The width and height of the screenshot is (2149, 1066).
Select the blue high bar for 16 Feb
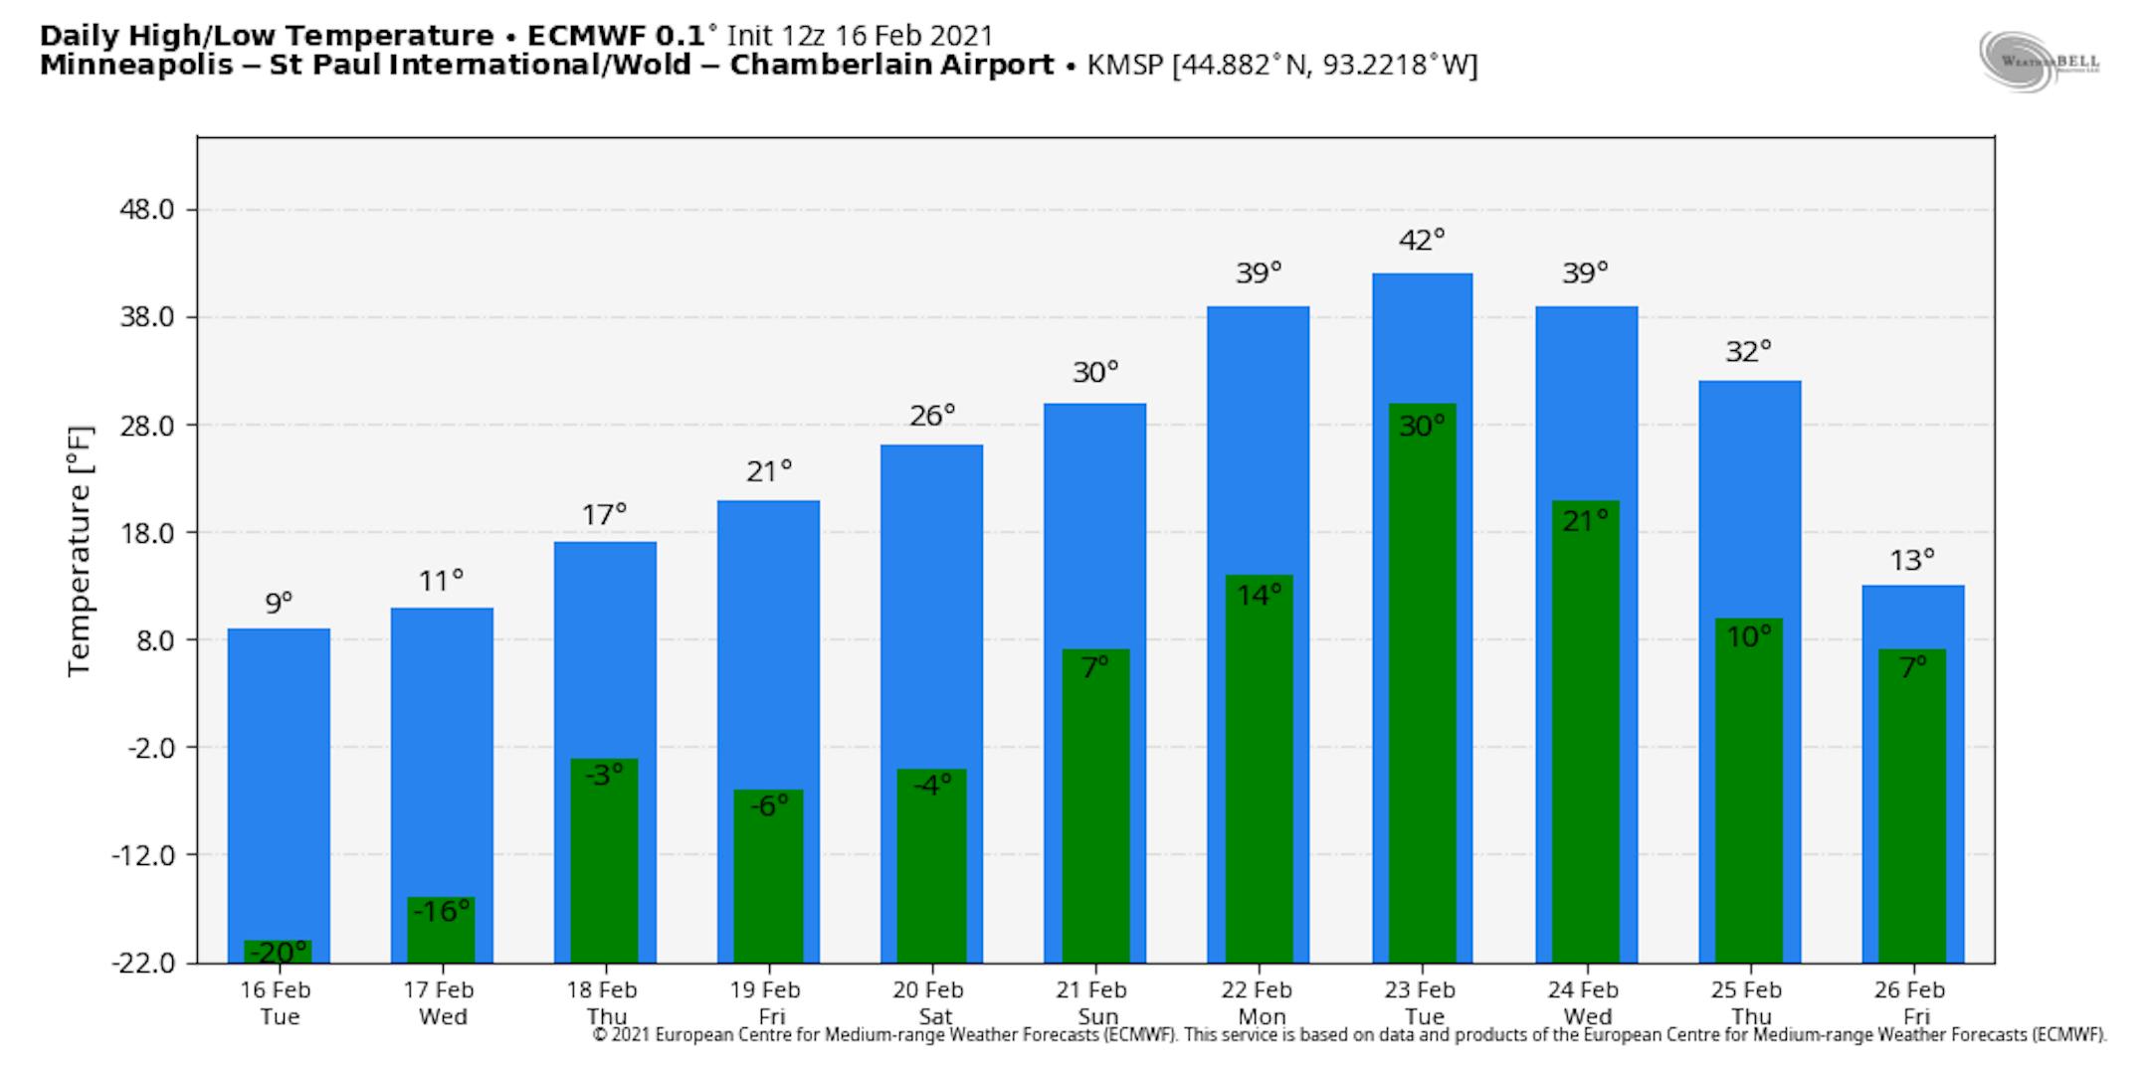tap(279, 776)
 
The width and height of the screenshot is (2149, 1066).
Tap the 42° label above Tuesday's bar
tap(1422, 240)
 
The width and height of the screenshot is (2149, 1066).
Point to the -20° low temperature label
tap(278, 953)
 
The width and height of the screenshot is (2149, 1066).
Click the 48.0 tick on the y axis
tap(148, 210)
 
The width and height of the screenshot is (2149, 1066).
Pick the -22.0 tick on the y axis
tap(145, 963)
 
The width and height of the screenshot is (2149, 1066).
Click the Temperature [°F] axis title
tap(80, 551)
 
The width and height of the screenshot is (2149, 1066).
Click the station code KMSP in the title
tap(1126, 66)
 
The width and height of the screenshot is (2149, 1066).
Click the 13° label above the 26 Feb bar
tap(1912, 561)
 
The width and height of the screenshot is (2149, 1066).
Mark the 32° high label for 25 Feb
tap(1748, 352)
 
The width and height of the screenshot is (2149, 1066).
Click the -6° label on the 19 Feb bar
tap(768, 805)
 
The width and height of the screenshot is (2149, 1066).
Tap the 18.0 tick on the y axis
tap(148, 533)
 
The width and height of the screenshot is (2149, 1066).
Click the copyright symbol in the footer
tap(600, 1035)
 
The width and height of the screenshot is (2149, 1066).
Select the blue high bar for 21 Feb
tap(1094, 517)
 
